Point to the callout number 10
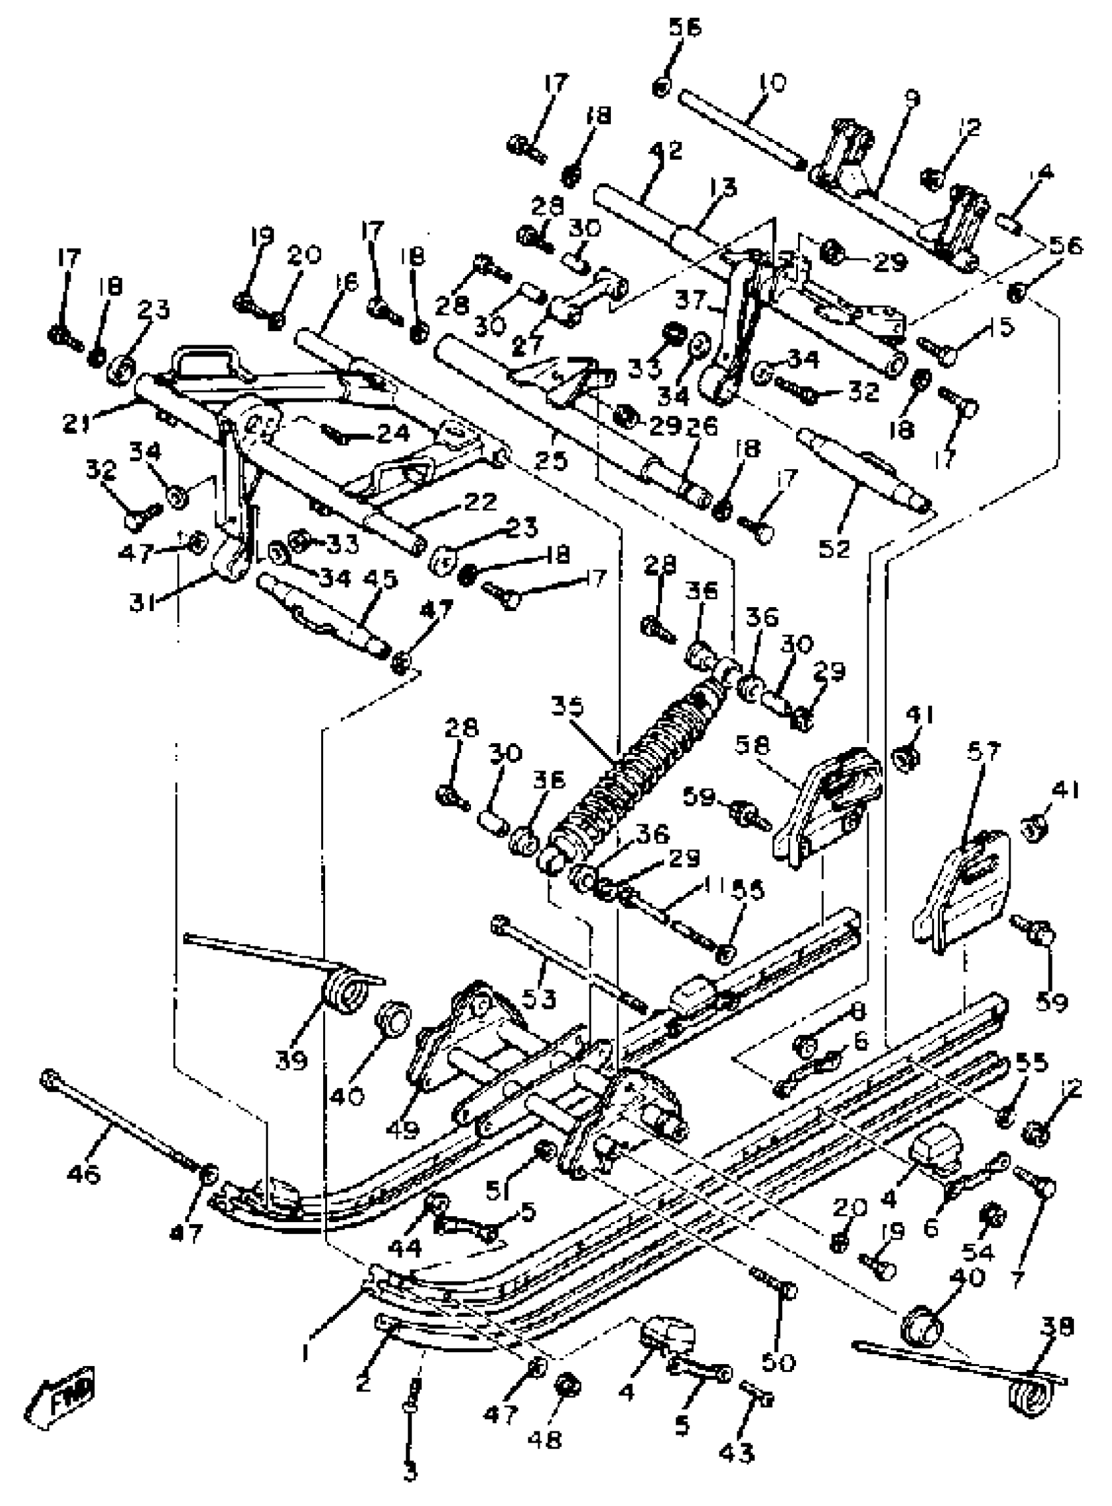click(771, 84)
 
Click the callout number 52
click(834, 550)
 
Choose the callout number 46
click(84, 1174)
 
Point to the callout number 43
click(737, 1453)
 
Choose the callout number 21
click(78, 425)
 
